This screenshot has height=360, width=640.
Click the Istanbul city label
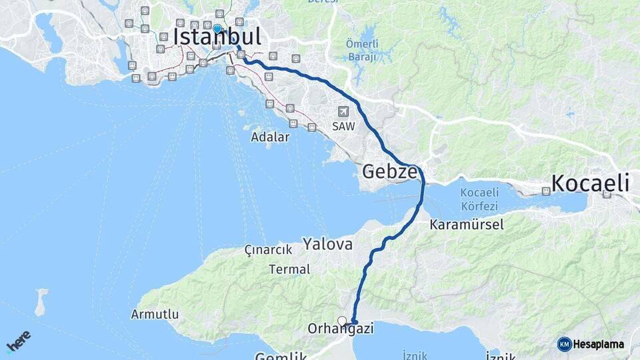coord(217,37)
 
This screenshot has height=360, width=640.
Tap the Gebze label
coord(390,173)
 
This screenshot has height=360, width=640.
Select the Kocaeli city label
coord(590,183)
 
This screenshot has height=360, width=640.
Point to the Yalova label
coord(327,244)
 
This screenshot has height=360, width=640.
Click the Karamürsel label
coord(467,224)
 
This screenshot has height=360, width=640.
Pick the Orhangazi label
coord(340,329)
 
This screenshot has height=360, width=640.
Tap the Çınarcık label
coord(269,250)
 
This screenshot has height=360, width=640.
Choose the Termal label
coord(289,269)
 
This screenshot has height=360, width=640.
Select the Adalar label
coord(270,137)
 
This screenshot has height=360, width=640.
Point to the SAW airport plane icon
coord(343,111)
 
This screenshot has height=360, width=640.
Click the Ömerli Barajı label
coord(363,50)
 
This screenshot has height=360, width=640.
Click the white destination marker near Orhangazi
coord(342,321)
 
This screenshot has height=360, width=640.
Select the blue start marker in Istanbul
coord(217,29)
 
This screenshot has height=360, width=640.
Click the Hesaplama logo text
coord(598,344)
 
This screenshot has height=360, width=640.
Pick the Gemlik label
coord(281,356)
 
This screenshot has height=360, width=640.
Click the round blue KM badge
coord(565,344)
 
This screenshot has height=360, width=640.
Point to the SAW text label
coord(344,125)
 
